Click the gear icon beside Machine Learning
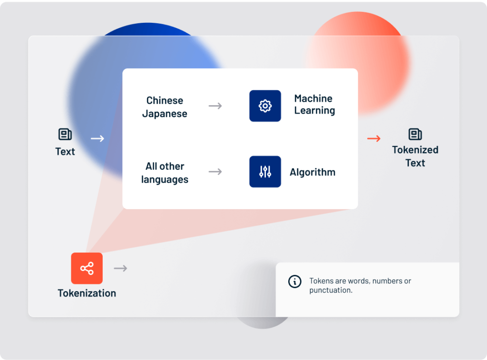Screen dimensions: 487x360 [265, 106]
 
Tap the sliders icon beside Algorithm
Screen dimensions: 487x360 [265, 172]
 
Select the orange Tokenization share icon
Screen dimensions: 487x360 [87, 268]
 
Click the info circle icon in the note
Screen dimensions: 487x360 [295, 282]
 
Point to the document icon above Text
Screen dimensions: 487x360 [65, 134]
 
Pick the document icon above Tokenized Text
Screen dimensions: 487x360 [415, 134]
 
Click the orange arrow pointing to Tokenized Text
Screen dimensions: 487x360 [374, 138]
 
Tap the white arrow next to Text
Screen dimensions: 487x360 [97, 138]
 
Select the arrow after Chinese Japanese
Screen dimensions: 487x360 [215, 106]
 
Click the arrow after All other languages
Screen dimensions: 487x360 [215, 172]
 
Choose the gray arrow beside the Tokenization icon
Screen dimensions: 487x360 [120, 268]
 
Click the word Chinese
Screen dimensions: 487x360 [165, 100]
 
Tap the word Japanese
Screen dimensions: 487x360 [165, 114]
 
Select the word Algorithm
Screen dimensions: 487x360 [312, 172]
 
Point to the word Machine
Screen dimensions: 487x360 [313, 98]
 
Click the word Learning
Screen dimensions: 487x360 [315, 111]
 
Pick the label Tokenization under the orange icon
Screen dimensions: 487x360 [87, 293]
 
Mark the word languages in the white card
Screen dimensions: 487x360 [165, 180]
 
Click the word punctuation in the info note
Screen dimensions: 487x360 [331, 291]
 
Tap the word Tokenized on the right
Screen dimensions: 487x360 [415, 150]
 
